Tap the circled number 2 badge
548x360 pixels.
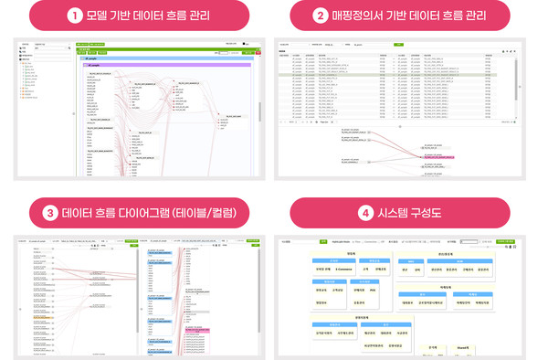click(x=321, y=15)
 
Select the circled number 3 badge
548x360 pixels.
click(x=49, y=213)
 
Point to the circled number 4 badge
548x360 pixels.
click(x=364, y=213)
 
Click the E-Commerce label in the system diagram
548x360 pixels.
click(x=346, y=270)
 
